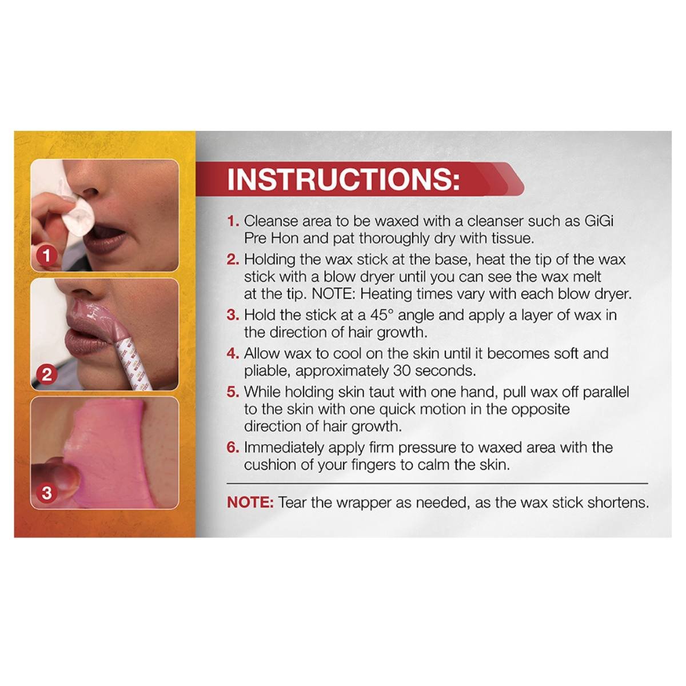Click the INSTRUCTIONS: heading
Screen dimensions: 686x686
(x=343, y=179)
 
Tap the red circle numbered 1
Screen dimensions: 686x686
(x=47, y=256)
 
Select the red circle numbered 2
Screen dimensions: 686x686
(x=47, y=374)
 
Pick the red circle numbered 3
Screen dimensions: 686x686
(x=47, y=493)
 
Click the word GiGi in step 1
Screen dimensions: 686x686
(x=599, y=221)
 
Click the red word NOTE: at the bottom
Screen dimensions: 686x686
(x=250, y=502)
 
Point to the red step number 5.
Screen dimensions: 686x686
(x=233, y=392)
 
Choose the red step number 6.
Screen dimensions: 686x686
(x=233, y=448)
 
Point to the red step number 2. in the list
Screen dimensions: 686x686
(x=233, y=260)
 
